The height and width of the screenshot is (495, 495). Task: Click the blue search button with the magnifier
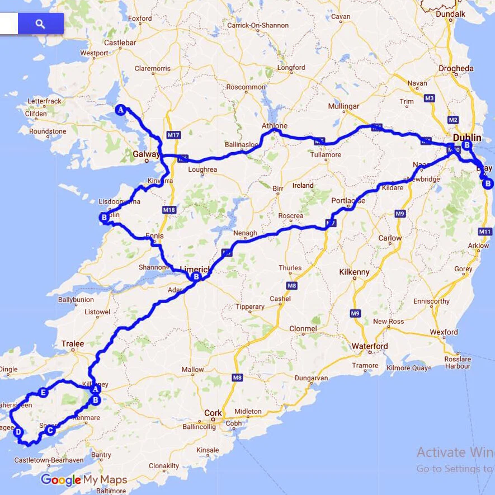click(x=40, y=23)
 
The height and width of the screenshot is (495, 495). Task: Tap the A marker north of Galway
click(x=120, y=110)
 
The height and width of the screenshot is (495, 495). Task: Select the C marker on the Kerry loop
click(x=50, y=430)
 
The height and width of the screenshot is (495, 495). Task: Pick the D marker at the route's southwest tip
click(x=18, y=432)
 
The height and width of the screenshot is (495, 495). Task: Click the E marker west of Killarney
click(x=44, y=393)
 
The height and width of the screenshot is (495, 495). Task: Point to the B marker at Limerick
click(x=196, y=276)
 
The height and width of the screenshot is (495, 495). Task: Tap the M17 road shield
click(x=173, y=135)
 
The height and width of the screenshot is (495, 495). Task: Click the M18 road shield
click(x=169, y=210)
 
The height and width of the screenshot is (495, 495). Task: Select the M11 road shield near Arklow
click(x=484, y=232)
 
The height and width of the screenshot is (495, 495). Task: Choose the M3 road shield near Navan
click(x=430, y=98)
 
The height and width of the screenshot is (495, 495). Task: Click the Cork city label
click(x=213, y=413)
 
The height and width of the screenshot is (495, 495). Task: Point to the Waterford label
click(x=369, y=346)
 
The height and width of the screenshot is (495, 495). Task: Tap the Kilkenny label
click(x=354, y=272)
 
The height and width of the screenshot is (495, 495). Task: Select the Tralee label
click(x=73, y=343)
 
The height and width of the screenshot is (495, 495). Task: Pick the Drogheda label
click(x=456, y=68)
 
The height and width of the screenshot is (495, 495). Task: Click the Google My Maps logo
click(x=84, y=480)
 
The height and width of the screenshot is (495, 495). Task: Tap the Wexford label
click(x=444, y=332)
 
